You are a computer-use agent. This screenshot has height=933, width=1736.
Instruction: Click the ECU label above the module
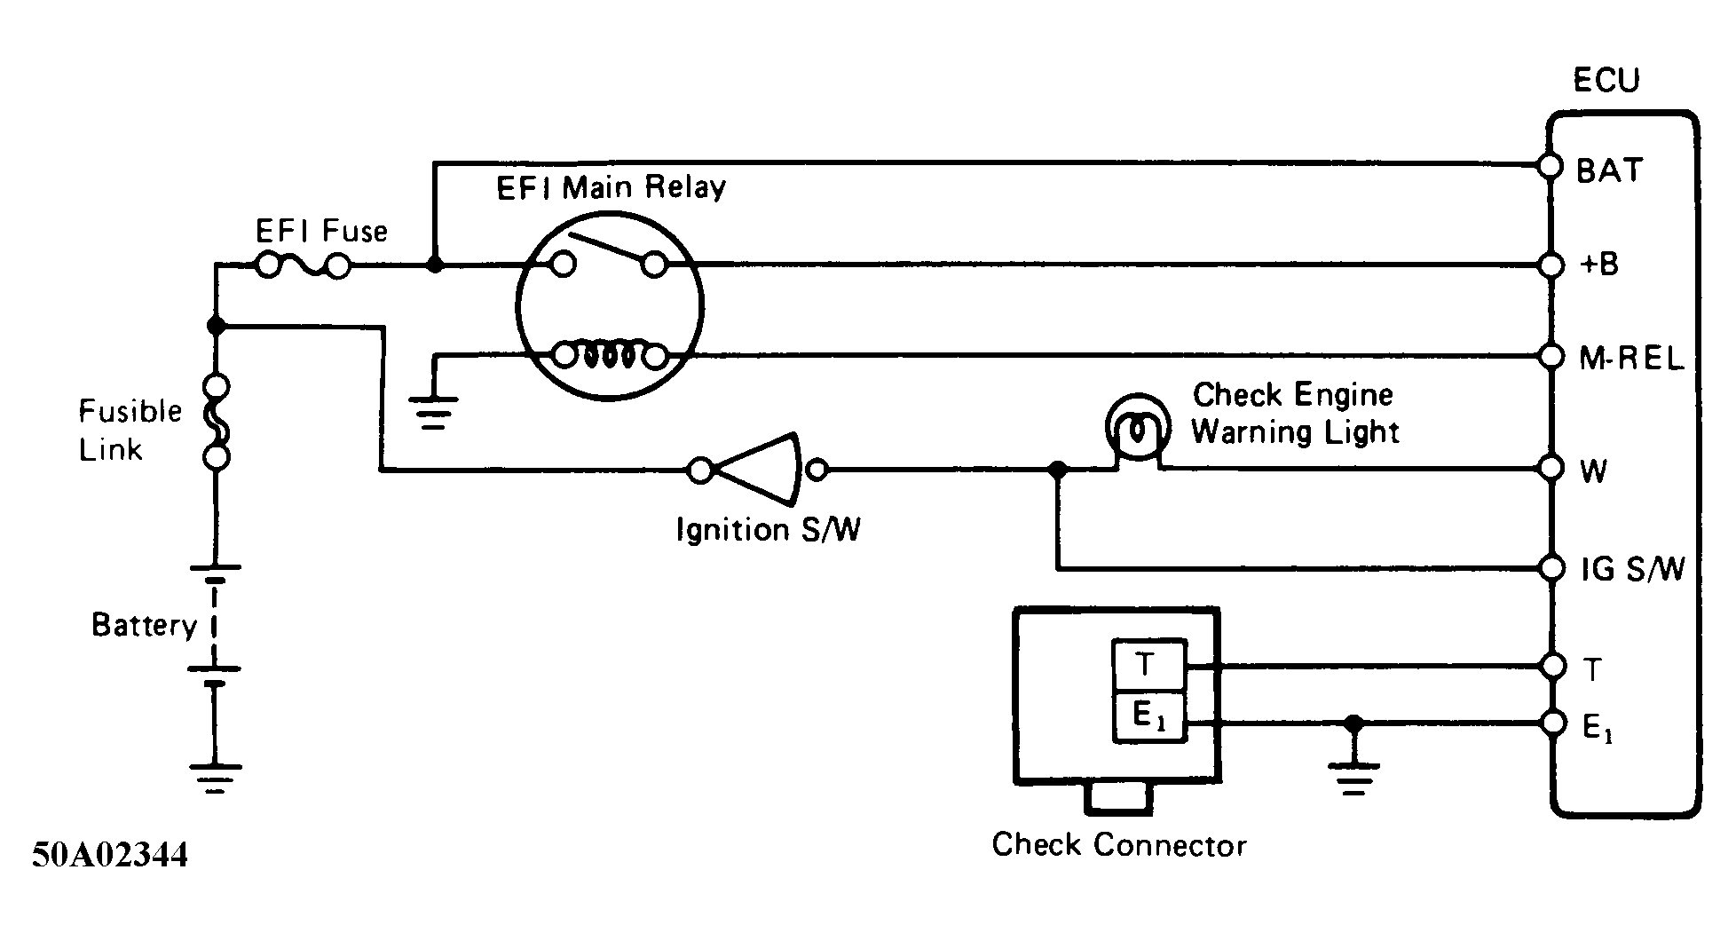[x=1606, y=81]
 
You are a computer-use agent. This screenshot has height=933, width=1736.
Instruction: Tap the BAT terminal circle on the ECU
[x=1551, y=166]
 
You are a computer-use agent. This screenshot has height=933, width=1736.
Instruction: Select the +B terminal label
[x=1600, y=265]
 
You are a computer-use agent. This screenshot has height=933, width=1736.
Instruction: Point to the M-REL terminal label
[x=1631, y=359]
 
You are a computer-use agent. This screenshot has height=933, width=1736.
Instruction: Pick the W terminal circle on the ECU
[x=1551, y=468]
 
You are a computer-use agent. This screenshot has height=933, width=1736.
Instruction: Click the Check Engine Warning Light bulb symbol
[x=1137, y=430]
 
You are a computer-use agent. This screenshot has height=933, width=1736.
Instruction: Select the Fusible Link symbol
[x=217, y=421]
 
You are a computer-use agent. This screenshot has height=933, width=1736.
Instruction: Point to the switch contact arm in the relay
[x=608, y=249]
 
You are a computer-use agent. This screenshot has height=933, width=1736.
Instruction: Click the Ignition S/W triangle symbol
[x=759, y=470]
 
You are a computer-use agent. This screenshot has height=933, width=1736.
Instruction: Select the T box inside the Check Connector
[x=1148, y=664]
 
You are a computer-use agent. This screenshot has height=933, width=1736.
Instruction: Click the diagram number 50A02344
[x=110, y=855]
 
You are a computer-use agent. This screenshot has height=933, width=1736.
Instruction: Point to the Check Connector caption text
[x=1118, y=844]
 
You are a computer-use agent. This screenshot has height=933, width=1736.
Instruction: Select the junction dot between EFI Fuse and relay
[x=434, y=265]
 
